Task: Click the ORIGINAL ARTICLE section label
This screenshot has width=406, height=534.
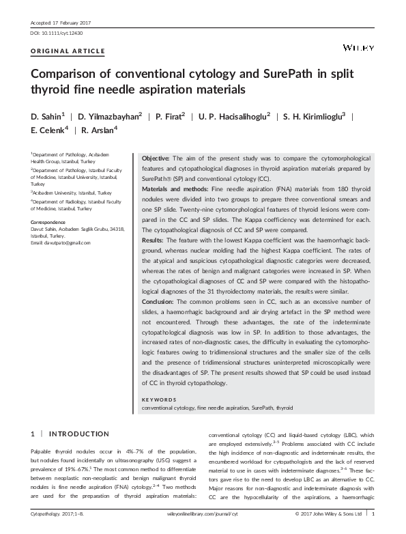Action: (68, 52)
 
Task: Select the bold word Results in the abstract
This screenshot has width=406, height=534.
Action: (152, 241)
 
